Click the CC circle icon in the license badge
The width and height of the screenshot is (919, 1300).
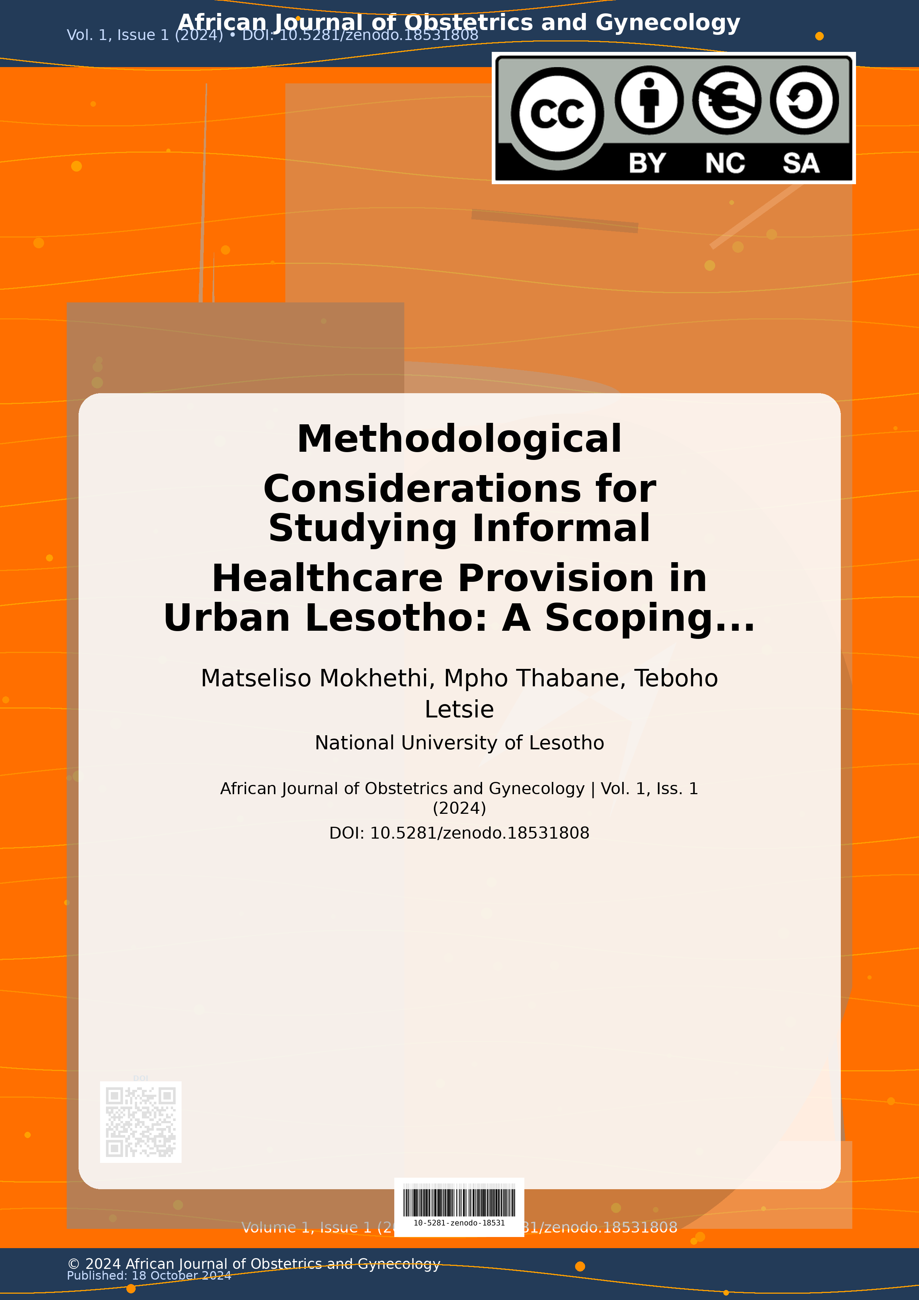pos(557,113)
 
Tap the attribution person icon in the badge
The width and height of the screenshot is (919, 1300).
pos(649,100)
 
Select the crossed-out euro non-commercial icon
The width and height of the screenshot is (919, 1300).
pos(726,100)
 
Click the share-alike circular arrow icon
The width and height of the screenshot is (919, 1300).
pos(804,100)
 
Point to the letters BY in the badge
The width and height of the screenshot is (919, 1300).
pos(647,163)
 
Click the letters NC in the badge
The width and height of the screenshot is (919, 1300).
pos(725,163)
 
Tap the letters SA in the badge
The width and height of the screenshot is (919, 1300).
pos(801,163)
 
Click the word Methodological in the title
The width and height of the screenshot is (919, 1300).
pos(459,440)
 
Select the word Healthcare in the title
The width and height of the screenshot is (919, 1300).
pos(327,578)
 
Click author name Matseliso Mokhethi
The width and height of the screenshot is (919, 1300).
pos(317,678)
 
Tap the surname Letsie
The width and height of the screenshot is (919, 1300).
pos(459,709)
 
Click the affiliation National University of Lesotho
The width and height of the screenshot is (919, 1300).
pos(459,743)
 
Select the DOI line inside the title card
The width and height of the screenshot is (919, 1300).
pos(459,833)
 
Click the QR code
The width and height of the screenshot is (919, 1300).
pos(140,1122)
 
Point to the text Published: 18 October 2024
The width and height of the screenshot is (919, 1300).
pos(149,1276)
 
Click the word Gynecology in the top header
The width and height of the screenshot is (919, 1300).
pos(668,23)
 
